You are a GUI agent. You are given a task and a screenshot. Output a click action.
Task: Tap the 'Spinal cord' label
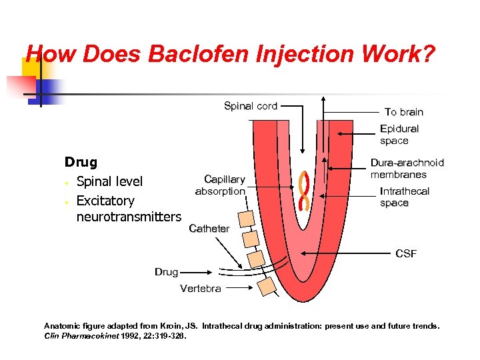(250, 106)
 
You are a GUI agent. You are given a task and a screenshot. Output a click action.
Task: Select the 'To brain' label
(403, 111)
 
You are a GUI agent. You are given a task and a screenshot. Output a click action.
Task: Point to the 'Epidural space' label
(399, 134)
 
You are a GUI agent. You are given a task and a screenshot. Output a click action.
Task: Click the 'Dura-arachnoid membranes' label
(407, 168)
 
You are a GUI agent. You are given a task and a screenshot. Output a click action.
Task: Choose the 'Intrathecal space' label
(404, 197)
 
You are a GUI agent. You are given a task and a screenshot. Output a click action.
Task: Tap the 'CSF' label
(405, 253)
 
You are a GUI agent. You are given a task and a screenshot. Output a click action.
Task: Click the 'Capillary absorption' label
(220, 185)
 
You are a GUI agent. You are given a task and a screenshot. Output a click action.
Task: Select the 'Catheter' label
(209, 228)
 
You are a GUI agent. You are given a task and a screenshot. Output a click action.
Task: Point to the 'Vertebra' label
(200, 288)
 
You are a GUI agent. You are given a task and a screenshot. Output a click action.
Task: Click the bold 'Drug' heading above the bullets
(81, 162)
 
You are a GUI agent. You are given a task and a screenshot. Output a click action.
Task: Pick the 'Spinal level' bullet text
(109, 181)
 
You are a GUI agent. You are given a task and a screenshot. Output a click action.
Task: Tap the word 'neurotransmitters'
(129, 217)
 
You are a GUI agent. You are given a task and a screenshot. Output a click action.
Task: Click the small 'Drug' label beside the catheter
(166, 271)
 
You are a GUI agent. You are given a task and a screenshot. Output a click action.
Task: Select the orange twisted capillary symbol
(306, 190)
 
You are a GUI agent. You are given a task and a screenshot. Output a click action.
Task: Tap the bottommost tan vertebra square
(267, 286)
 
